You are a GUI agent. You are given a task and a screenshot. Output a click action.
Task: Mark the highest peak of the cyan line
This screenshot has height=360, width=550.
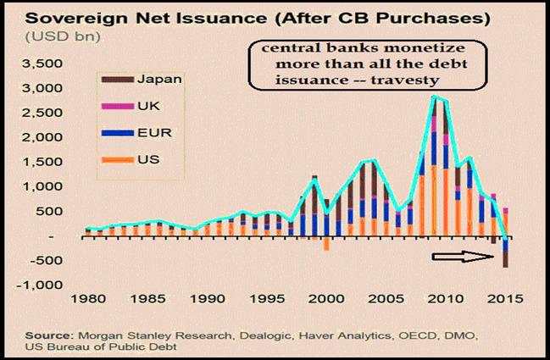(436, 97)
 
